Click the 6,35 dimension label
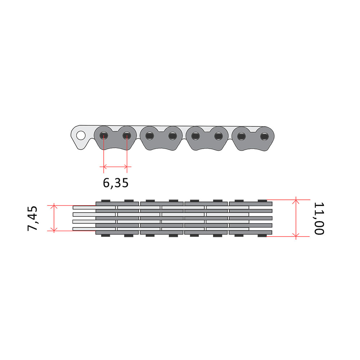[116, 183]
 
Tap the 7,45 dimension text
[32, 219]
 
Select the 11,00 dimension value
[319, 219]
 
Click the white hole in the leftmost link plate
[81, 135]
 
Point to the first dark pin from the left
[104, 136]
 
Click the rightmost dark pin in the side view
[264, 136]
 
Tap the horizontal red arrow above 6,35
[116, 166]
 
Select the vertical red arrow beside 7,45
[54, 218]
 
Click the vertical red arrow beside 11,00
[296, 218]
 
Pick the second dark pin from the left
[127, 136]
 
